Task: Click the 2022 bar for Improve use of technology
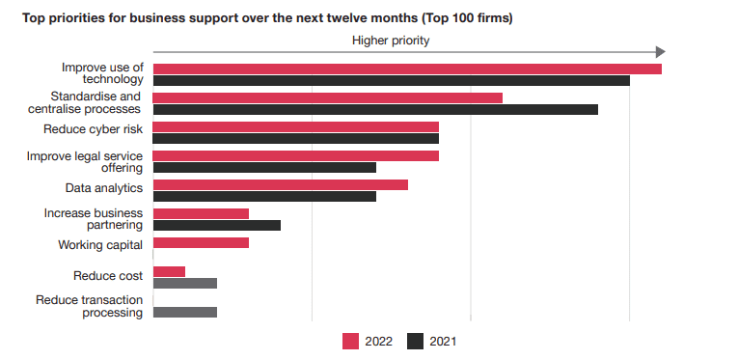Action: [x=407, y=69]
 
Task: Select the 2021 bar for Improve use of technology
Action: [x=391, y=80]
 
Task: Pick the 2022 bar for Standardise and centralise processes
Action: [x=328, y=97]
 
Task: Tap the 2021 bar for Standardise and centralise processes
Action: [x=375, y=109]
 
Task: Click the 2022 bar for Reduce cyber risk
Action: [x=296, y=126]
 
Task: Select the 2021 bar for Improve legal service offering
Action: [x=264, y=167]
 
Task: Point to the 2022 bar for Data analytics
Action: [x=281, y=184]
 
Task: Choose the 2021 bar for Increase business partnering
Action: [x=217, y=225]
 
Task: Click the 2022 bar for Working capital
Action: [x=201, y=242]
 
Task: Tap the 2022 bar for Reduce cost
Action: [x=169, y=271]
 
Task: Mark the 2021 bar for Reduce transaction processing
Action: [x=185, y=312]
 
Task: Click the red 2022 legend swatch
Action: [x=351, y=341]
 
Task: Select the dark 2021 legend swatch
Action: [x=416, y=341]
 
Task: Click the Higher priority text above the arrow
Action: [x=391, y=40]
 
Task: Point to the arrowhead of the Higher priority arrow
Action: [x=660, y=52]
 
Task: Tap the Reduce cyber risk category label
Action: [x=94, y=127]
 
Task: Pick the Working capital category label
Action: [x=100, y=244]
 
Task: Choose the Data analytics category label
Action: [x=104, y=186]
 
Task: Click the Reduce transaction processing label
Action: [x=90, y=306]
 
